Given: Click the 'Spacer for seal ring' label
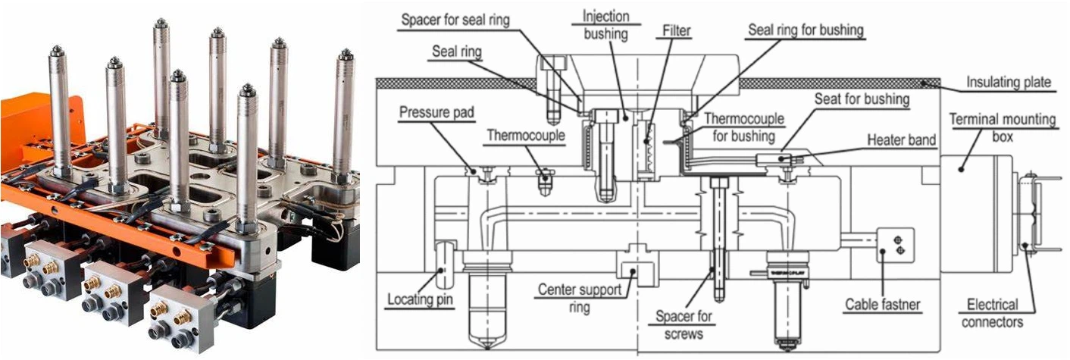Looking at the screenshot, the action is pos(455,20).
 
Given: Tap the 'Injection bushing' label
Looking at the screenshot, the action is pos(605,25).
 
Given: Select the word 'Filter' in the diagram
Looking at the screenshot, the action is pos(677,30).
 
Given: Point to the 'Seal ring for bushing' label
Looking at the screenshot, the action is pos(806,30).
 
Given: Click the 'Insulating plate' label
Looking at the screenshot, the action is pos(1009,82).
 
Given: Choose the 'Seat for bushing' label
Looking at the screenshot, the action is pos(862,99).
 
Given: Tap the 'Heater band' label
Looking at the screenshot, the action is pos(901,139).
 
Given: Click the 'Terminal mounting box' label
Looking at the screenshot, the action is pos(1002,127).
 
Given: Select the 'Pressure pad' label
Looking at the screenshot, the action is pos(436,112).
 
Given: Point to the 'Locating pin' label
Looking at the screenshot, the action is pos(419,299).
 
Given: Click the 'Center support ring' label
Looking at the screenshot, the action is pos(580,297).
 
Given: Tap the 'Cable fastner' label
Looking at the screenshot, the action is pos(882,304).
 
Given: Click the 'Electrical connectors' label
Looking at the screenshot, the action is pos(992,313).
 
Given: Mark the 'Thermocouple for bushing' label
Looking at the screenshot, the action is pos(743,127).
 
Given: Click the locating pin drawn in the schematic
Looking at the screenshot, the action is pos(444,265).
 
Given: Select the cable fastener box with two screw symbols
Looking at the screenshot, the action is pos(895,245).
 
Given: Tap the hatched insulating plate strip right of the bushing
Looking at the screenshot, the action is pos(840,83).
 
